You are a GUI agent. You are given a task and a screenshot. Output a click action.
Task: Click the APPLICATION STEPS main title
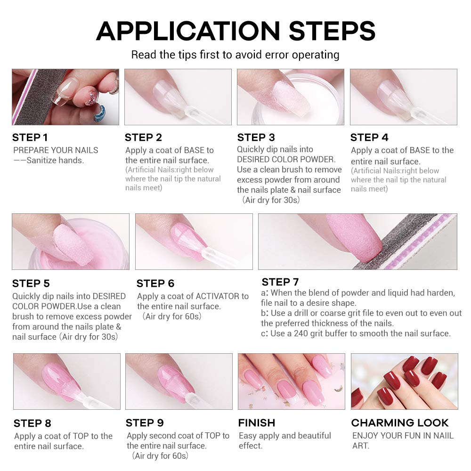pyautogui.click(x=236, y=31)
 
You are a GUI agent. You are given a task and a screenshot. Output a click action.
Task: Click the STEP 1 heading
pyautogui.click(x=30, y=138)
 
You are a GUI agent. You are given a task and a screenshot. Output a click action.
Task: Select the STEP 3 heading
pyautogui.click(x=256, y=138)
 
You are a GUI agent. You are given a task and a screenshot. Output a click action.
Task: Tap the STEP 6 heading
pyautogui.click(x=155, y=284)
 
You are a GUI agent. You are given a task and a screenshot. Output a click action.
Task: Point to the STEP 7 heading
pyautogui.click(x=280, y=282)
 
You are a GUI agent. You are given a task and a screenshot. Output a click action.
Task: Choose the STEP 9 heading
pyautogui.click(x=145, y=423)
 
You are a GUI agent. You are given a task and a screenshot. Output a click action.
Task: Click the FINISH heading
pyautogui.click(x=257, y=423)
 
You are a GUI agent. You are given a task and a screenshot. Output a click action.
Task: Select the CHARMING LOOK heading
pyautogui.click(x=400, y=423)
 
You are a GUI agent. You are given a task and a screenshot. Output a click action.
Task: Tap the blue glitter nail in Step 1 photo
pyautogui.click(x=99, y=114)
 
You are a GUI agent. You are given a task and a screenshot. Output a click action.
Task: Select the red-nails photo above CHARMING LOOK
pyautogui.click(x=405, y=382)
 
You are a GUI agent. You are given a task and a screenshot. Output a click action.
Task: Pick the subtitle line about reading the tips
pyautogui.click(x=235, y=55)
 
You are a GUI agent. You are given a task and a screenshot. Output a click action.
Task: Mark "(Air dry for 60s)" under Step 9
pyautogui.click(x=160, y=456)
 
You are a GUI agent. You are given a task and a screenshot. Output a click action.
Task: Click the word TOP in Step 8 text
pyautogui.click(x=81, y=436)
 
